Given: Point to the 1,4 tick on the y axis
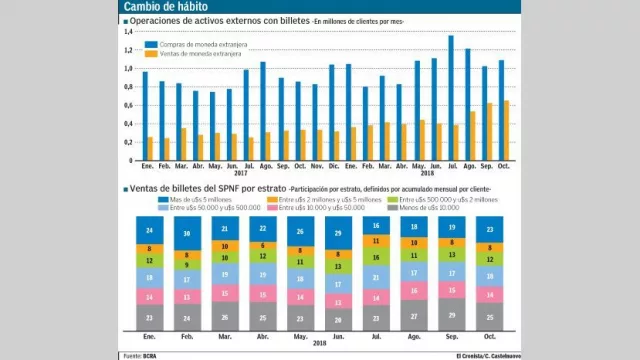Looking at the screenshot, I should (x=127, y=32).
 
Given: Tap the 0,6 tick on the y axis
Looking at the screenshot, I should (x=127, y=105).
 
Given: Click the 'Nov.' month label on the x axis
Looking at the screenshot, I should (x=316, y=167).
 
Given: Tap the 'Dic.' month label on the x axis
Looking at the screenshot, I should (x=335, y=167).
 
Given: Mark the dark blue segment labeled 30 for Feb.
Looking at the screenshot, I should (x=185, y=233).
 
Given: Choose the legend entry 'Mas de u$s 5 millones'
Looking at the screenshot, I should (x=200, y=199).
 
